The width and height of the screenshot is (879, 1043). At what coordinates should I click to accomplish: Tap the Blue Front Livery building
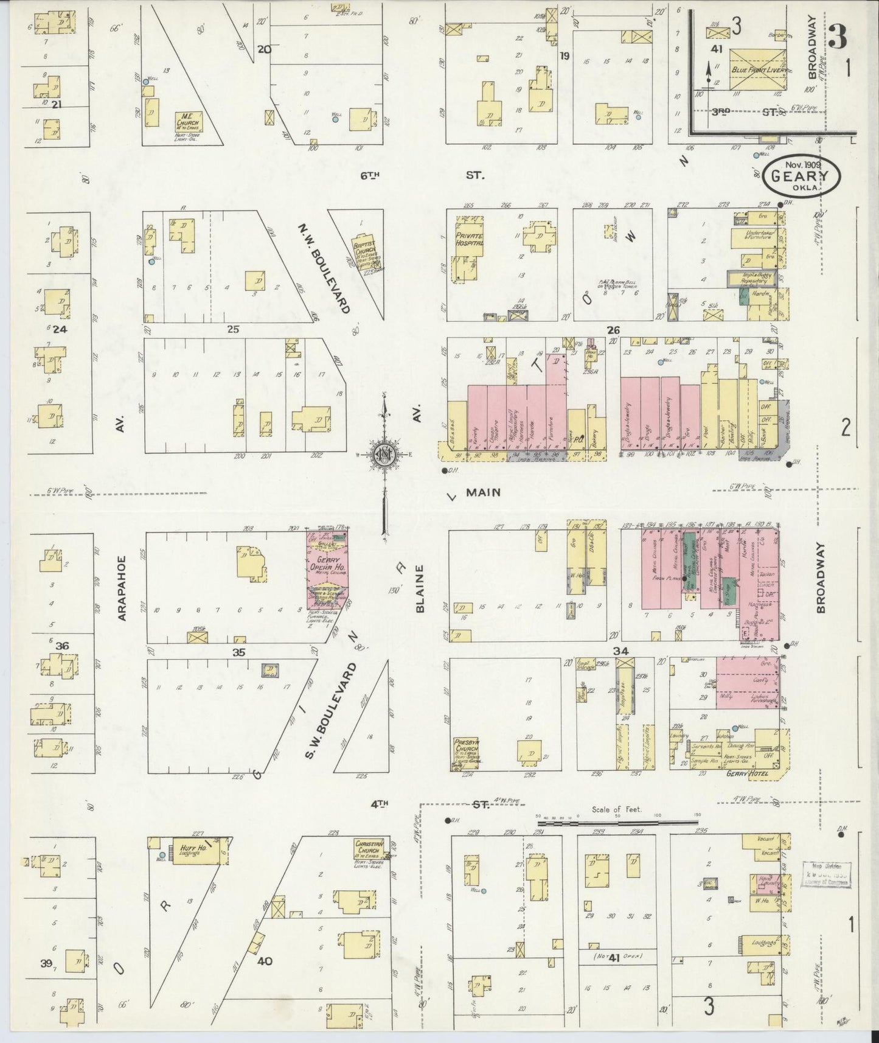[759, 70]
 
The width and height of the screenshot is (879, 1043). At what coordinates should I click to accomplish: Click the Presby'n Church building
[466, 755]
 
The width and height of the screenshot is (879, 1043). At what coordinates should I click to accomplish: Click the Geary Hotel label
[747, 774]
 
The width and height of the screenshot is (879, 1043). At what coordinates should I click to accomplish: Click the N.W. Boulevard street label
[324, 268]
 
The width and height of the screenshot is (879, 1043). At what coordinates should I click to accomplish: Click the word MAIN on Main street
[483, 492]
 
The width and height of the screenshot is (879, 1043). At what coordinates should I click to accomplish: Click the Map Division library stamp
[825, 874]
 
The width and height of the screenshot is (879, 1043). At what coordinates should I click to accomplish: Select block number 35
[238, 652]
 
